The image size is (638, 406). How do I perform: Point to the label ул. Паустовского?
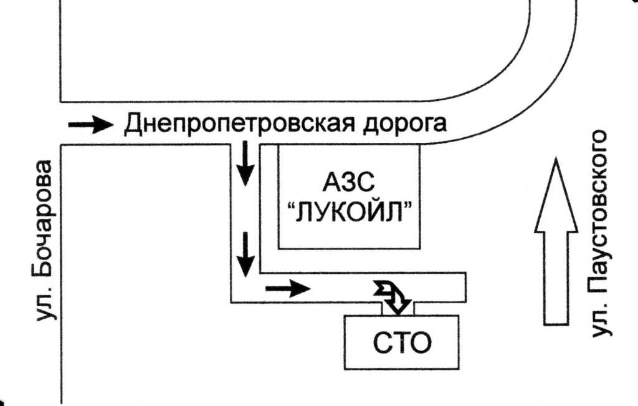pyautogui.click(x=600, y=234)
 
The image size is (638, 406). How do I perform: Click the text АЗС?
pyautogui.click(x=349, y=182)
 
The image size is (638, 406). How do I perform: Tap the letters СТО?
pyautogui.click(x=402, y=343)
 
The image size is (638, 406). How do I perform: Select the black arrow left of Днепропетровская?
pyautogui.click(x=91, y=124)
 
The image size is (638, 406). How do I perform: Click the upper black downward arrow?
pyautogui.click(x=245, y=163)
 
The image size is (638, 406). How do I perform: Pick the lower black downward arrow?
pyautogui.click(x=245, y=254)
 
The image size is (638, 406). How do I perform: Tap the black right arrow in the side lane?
pyautogui.click(x=288, y=288)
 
